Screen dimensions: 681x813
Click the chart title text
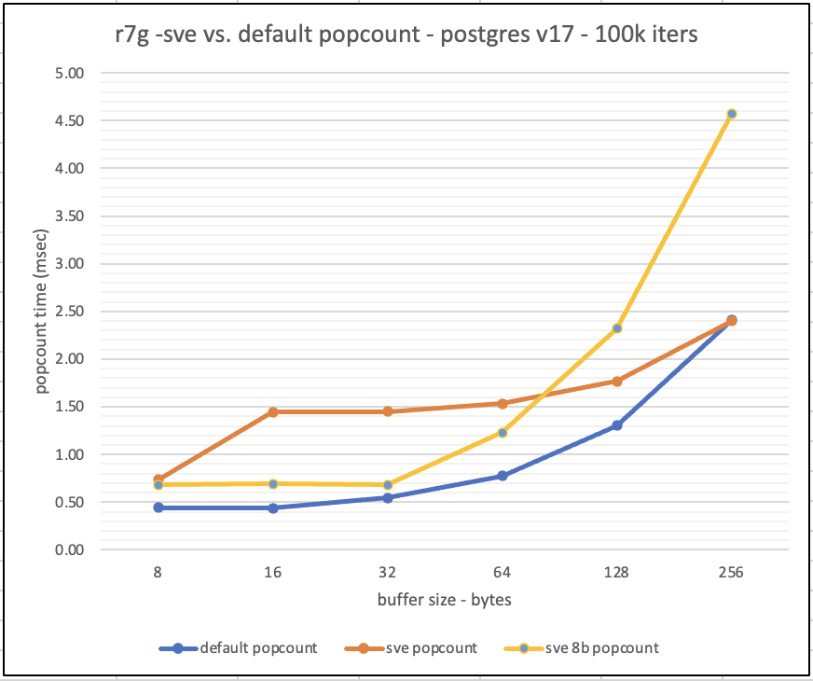click(x=401, y=38)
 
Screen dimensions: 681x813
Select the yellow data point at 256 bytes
click(x=732, y=114)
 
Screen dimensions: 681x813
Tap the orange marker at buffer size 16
click(x=273, y=411)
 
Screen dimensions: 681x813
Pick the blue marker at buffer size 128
click(x=617, y=425)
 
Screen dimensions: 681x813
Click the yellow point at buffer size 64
click(x=503, y=433)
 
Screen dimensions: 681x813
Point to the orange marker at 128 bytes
click(x=617, y=381)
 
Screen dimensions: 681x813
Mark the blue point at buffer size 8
click(x=158, y=507)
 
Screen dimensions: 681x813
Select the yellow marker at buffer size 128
click(x=617, y=328)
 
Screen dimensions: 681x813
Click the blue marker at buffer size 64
click(x=503, y=476)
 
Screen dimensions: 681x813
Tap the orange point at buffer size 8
click(x=158, y=479)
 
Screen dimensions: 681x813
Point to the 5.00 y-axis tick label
click(x=71, y=73)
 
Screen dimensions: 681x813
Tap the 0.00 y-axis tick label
click(x=71, y=550)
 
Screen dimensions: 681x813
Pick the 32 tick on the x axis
click(x=388, y=574)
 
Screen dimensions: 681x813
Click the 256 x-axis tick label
click(x=732, y=574)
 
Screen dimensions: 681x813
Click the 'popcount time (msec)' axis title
click(x=42, y=313)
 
